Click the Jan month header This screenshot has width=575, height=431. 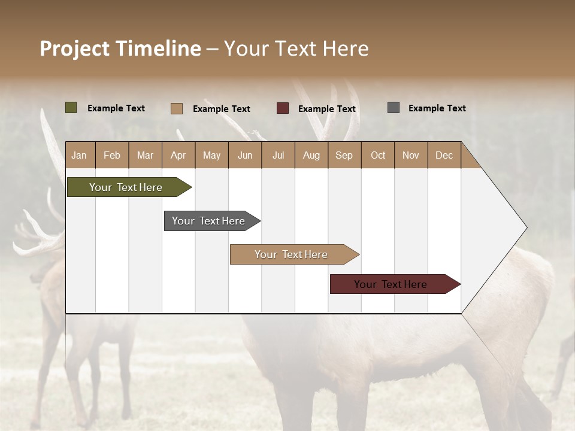(79, 155)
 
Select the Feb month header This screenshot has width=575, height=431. (112, 155)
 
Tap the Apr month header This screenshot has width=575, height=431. (178, 155)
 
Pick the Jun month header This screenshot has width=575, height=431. (245, 155)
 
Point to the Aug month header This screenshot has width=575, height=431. (311, 155)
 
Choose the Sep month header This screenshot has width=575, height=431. (344, 155)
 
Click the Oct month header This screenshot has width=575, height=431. (378, 155)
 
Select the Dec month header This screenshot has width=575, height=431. (444, 155)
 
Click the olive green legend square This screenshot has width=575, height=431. (71, 108)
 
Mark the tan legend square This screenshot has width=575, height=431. (177, 108)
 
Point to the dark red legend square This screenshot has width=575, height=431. (283, 108)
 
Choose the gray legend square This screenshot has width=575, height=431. (394, 108)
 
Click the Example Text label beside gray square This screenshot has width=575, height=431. (437, 108)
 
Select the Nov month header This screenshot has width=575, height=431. (411, 155)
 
